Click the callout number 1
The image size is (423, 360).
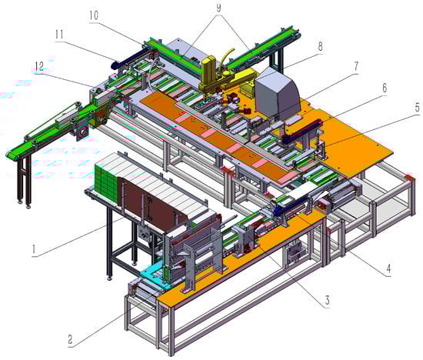34,248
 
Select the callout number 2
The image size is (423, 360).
70,339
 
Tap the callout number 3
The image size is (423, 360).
327,299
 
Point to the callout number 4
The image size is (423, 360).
388,268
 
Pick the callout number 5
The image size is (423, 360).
417,108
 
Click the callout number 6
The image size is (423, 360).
385,88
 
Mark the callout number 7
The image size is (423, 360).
356,66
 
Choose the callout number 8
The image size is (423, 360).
320,46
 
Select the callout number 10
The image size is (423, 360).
94,15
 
